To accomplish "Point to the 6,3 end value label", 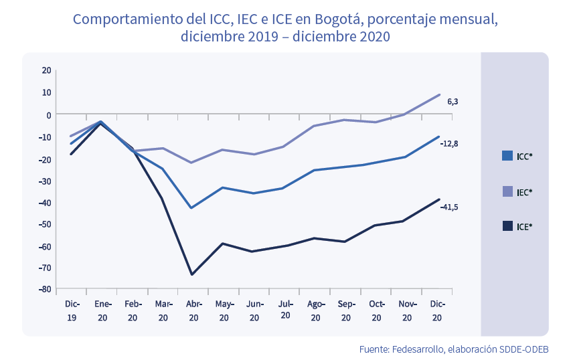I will point(453,102).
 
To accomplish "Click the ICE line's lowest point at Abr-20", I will point(192,274).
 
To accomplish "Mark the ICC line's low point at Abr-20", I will point(192,208).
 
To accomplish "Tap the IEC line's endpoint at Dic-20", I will point(439,94).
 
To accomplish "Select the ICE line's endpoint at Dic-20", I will point(439,199).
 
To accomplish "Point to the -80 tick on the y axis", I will point(46,289).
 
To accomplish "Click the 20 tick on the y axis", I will point(46,70).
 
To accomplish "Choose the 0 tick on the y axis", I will point(48,114).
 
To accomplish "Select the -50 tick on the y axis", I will point(46,223).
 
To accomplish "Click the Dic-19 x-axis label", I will point(72,311).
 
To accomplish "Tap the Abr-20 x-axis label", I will point(193,311).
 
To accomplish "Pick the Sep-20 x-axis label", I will point(346,311).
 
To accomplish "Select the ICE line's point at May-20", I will point(223,244).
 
